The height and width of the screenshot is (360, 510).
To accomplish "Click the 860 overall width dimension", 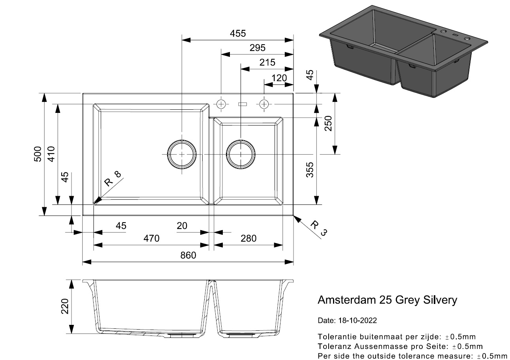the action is click(x=188, y=255).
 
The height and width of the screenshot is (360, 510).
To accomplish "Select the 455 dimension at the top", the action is click(x=238, y=34).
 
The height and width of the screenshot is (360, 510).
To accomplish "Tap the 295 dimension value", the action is click(x=258, y=48).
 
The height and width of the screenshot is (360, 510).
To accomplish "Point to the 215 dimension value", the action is click(x=267, y=62).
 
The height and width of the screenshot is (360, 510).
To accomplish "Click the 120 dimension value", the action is click(x=279, y=78).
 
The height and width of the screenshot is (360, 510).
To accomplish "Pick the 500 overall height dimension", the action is click(x=38, y=154).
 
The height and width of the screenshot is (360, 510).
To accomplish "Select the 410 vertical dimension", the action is click(x=51, y=154).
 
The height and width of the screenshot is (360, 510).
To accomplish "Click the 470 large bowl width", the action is click(x=151, y=238).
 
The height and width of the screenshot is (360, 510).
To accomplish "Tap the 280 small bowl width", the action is click(x=248, y=238).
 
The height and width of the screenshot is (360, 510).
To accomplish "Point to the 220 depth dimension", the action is click(x=65, y=306).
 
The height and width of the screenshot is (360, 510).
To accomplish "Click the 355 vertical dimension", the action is click(x=310, y=170).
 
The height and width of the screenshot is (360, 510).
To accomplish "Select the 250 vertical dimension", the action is click(x=328, y=123).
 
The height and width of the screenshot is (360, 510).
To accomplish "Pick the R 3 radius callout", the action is click(x=319, y=228).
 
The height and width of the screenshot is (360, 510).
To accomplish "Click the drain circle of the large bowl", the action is click(x=182, y=154).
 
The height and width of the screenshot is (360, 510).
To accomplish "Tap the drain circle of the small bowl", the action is click(x=241, y=154).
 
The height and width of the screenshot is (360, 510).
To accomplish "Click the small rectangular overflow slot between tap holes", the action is click(x=243, y=104).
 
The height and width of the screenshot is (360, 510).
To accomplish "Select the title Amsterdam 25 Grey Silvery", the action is click(x=387, y=300).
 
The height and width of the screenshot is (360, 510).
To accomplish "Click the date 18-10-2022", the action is click(x=358, y=321).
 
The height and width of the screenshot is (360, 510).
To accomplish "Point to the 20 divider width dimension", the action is click(x=182, y=226).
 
